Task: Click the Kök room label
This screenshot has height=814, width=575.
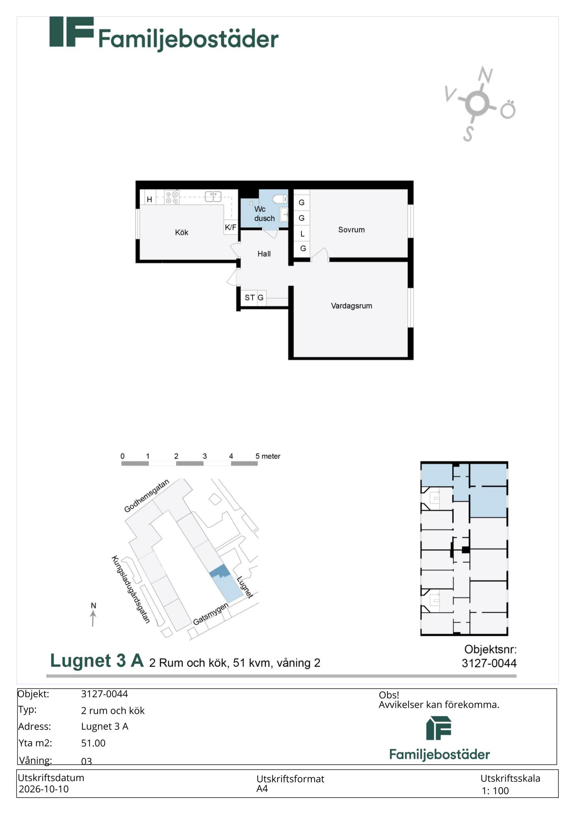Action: (181, 232)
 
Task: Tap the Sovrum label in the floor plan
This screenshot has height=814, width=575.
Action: (351, 230)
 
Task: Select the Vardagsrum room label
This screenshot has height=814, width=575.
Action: (351, 306)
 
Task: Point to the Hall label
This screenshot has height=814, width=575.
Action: (264, 254)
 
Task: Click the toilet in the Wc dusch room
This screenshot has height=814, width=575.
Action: (280, 199)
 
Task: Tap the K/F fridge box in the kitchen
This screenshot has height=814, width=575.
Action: (231, 227)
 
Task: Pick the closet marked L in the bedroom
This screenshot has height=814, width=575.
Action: (302, 234)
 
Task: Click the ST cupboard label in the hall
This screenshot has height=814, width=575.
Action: (249, 298)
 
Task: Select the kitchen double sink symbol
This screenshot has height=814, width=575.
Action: (213, 197)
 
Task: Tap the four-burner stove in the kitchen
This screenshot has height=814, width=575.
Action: (172, 197)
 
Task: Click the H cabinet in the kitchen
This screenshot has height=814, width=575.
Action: (149, 199)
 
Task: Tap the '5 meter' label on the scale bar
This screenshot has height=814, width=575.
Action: (268, 456)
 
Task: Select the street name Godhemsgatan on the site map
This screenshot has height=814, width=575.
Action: (146, 496)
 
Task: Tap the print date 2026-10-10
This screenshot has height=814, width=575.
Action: (44, 789)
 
